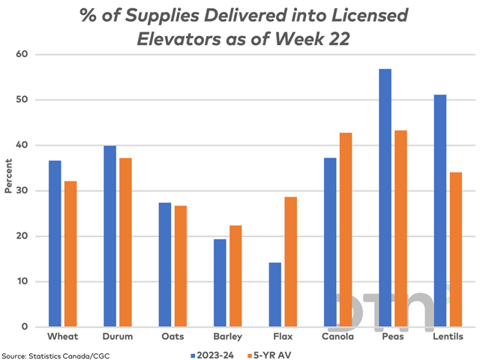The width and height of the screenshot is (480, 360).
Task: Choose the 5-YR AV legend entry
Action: pyautogui.click(x=268, y=351)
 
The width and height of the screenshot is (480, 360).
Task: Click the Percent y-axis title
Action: pyautogui.click(x=8, y=180)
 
